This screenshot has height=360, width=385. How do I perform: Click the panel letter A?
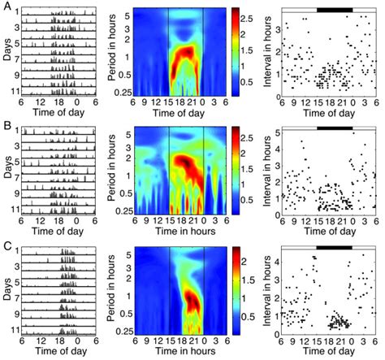(5, 7)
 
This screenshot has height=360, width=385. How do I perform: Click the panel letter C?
(5, 246)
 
